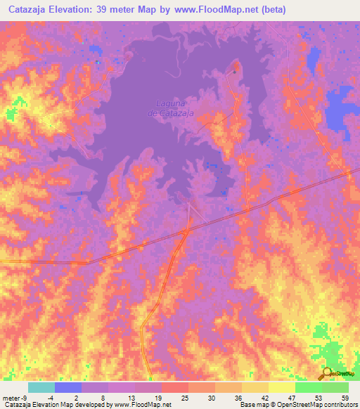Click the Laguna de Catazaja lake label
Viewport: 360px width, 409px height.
tap(171, 108)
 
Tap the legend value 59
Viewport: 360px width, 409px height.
tap(345, 397)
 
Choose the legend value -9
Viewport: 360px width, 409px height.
tap(25, 397)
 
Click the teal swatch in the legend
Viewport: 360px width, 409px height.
tap(41, 387)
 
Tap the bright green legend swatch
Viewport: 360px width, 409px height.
tap(309, 387)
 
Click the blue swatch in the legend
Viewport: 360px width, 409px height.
tap(68, 387)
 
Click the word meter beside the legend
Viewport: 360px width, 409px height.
tap(11, 397)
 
